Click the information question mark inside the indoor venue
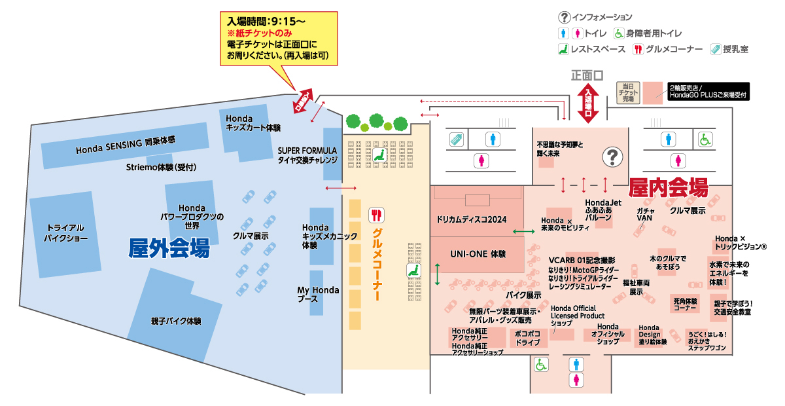612,157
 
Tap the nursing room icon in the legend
716,49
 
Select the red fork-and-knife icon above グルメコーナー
377,215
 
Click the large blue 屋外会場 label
169,248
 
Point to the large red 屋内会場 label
668,189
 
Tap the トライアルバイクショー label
65,232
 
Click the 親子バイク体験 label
175,322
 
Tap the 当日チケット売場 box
629,93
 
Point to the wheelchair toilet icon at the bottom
541,364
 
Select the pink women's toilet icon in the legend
578,33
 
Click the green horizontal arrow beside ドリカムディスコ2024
523,232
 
